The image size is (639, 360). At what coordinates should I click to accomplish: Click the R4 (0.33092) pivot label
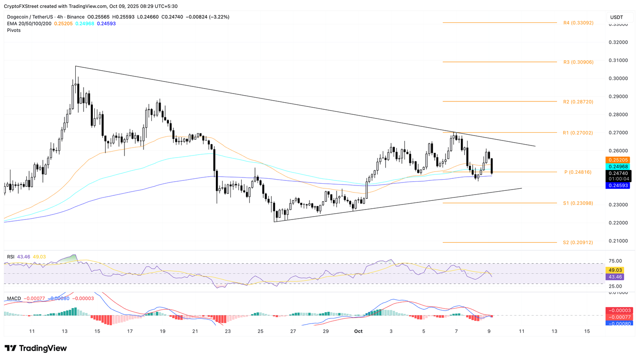578,23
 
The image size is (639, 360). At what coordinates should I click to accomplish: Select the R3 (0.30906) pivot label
578,62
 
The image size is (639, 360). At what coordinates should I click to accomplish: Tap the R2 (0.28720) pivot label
578,102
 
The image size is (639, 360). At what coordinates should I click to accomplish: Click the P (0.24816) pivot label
578,172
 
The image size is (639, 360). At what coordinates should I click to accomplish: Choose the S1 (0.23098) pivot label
578,203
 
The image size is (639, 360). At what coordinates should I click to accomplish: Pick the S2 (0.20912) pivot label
578,242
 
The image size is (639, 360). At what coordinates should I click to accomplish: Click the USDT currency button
617,17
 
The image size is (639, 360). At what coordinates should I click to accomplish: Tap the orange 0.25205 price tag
619,160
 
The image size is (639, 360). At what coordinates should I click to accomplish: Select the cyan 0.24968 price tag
619,166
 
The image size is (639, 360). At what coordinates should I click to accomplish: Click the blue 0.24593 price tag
619,185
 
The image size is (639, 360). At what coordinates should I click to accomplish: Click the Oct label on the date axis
358,331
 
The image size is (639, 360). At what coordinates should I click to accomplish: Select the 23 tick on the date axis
228,331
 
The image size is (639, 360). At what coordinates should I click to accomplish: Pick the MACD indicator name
14,298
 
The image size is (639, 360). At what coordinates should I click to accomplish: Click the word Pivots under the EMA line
14,30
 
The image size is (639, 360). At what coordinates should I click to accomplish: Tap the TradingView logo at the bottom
36,348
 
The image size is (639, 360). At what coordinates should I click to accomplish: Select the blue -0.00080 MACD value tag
619,323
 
